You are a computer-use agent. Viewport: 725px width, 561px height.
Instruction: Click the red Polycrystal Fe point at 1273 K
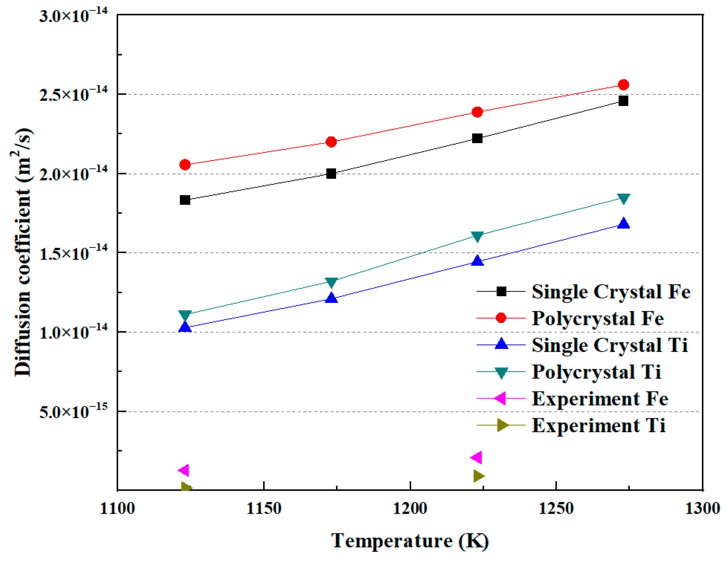(x=624, y=85)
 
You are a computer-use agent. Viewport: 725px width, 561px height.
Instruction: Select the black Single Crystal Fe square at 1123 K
(x=185, y=200)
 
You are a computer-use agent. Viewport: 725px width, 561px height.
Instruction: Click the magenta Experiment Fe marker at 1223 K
(x=477, y=458)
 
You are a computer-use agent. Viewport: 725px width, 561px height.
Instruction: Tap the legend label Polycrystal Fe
(x=597, y=318)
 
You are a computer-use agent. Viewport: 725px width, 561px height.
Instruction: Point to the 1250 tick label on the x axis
(x=556, y=508)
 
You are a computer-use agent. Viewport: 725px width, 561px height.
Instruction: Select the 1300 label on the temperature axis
(x=702, y=508)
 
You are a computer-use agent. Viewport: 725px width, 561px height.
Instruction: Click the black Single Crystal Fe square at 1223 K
(x=477, y=138)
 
